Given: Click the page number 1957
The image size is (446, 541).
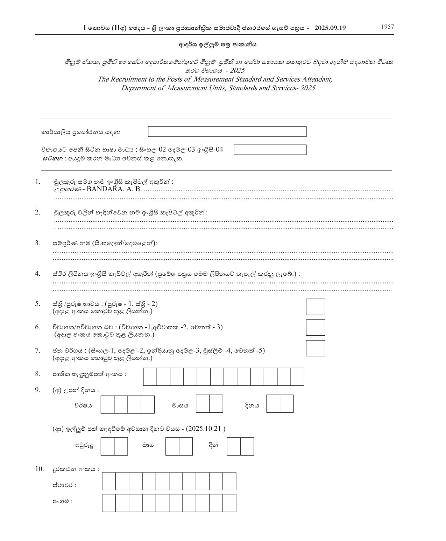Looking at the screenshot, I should pos(388,27).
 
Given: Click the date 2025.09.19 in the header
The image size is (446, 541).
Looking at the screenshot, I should pos(330,28).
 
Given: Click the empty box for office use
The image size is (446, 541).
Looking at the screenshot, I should pos(227,132).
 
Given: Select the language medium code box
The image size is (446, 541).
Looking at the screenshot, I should pos(270,150).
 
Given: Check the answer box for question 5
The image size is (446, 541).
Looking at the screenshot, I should pos(315,307).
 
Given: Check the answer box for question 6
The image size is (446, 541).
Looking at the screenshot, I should pos(315,328).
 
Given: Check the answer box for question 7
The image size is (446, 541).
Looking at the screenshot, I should pos(315,348).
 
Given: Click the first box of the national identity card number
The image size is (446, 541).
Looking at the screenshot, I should pos(150,377).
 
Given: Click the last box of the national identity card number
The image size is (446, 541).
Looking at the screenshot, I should pos(297,377).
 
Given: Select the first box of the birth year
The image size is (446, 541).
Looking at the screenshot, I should pos(107,404).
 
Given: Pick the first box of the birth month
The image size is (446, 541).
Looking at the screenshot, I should pos(203,404).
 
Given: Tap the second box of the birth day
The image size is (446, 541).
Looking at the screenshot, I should pos(286,404).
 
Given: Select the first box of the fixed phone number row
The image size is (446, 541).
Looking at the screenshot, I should pos(109,481).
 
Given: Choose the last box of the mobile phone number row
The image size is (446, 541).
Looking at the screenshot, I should pos(229,503).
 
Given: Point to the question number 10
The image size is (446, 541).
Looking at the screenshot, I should pos(39,469).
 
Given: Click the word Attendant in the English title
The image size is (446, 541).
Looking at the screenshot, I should pos(316,79).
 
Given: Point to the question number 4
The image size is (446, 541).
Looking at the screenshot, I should pos(37,274).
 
